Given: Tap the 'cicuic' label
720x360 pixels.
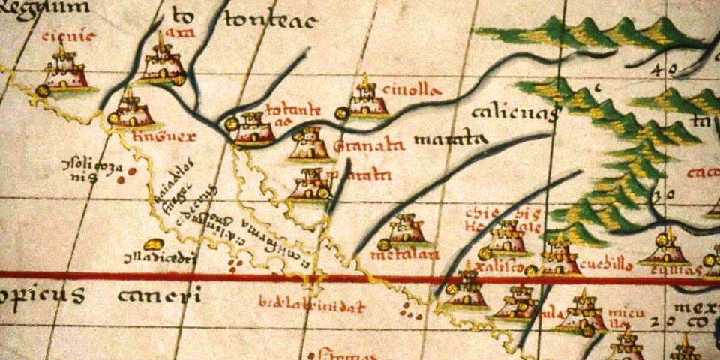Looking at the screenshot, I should click(58, 35).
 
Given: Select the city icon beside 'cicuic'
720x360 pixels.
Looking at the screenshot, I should click(64, 70).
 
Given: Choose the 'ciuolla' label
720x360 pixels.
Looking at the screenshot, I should click(409, 90).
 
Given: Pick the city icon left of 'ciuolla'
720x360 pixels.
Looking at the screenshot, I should click(367, 100).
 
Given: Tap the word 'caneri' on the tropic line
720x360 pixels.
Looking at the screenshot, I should click(159, 295).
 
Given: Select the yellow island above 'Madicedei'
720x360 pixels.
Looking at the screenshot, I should click(153, 244).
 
